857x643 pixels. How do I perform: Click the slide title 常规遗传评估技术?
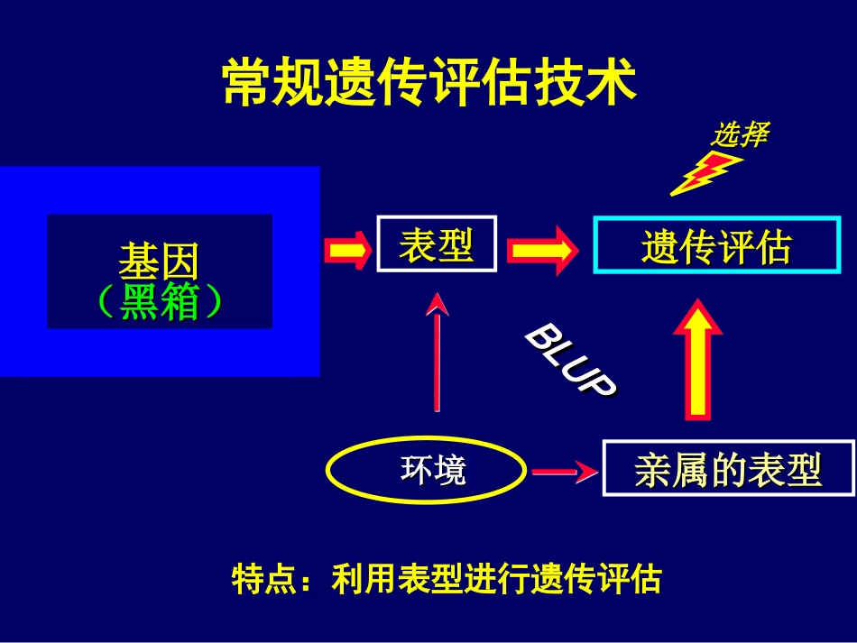click(x=429, y=83)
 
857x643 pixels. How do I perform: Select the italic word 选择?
click(x=739, y=135)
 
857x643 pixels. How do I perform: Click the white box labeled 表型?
click(x=437, y=244)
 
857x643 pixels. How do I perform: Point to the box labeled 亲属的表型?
click(x=728, y=469)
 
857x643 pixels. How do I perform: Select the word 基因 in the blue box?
click(x=159, y=262)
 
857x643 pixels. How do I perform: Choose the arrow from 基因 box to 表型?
click(x=347, y=250)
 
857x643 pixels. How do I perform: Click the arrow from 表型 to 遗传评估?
click(x=541, y=250)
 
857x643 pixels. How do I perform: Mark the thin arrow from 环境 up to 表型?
click(x=438, y=352)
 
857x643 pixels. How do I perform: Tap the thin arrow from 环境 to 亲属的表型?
click(x=564, y=471)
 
